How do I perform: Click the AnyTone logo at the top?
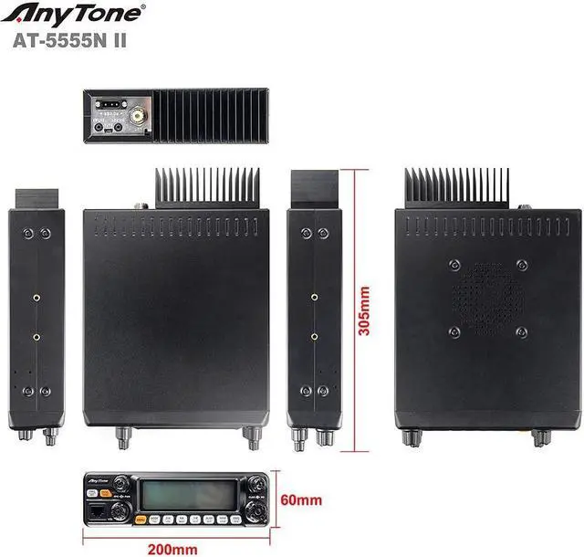[x=78, y=15]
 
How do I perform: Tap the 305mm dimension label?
[x=365, y=310]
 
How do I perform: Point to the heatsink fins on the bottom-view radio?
[x=457, y=188]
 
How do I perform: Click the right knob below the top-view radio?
[x=248, y=437]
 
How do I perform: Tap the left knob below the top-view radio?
[x=120, y=437]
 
